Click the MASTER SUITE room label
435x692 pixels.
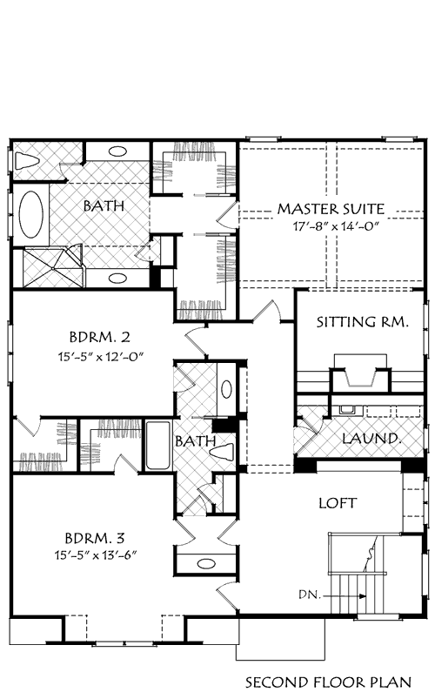(331, 209)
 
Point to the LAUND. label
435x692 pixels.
(371, 438)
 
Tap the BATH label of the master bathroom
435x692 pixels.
(103, 207)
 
